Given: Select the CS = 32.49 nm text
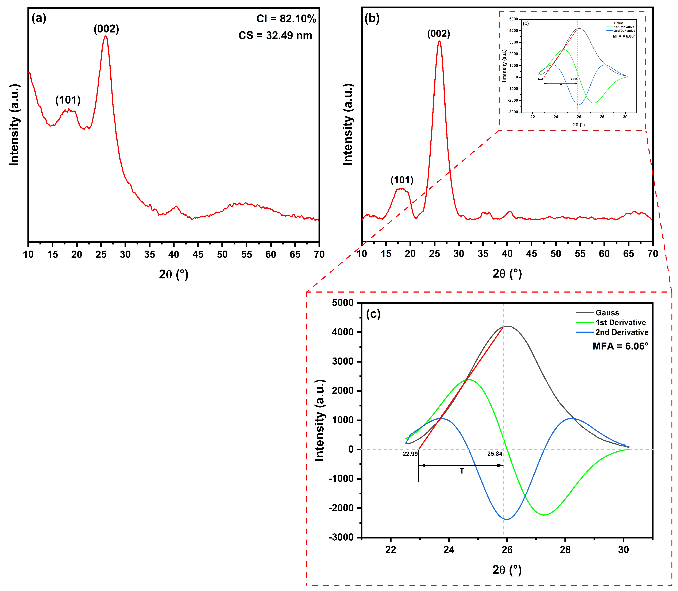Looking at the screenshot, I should coord(275,35).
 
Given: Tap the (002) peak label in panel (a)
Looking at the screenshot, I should coord(106,29).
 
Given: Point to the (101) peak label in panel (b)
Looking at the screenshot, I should coord(402,180).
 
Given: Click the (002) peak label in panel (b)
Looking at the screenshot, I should coord(438,34).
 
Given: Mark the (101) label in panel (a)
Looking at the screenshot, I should coord(68,100).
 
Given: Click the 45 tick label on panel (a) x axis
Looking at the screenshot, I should coord(198,254).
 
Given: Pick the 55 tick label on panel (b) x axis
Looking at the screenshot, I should coord(580,254).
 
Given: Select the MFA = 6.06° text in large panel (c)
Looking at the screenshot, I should coord(620,346).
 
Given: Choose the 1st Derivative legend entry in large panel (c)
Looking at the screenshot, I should coord(620,322).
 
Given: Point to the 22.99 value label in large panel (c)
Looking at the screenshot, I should coord(410,454).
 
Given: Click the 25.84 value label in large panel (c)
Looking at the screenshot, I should coord(495,454).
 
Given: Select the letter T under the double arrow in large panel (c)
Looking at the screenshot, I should coord(462,471).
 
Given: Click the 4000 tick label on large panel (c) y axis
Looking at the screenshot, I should coord(343,332).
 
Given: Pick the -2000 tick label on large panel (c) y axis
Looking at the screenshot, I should coord(341,508).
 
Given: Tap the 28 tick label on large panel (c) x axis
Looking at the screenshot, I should coord(565,550).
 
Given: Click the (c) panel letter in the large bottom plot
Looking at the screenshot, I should coord(373,314).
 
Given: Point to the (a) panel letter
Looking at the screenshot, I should coord(39,18).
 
